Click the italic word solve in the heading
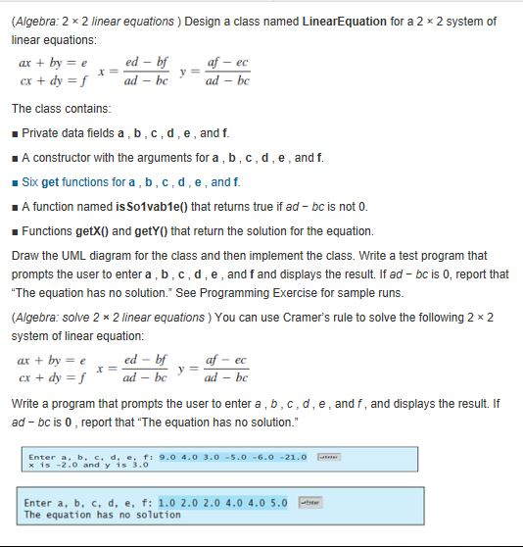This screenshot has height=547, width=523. pos(69,318)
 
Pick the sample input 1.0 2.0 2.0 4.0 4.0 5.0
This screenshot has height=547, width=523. pos(222,503)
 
